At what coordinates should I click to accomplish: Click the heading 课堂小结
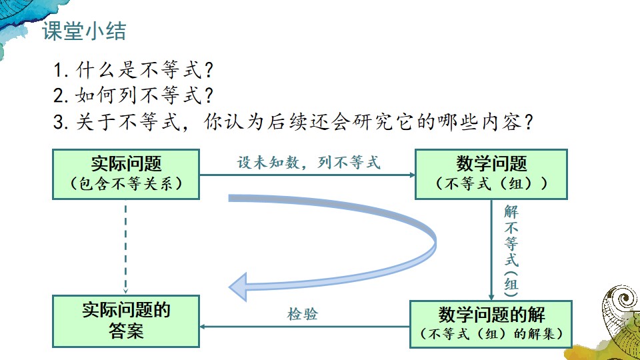[x=84, y=31]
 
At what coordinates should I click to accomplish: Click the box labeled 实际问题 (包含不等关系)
[x=126, y=174]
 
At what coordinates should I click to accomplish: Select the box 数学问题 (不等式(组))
[x=491, y=174]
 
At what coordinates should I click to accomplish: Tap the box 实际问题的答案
[x=126, y=321]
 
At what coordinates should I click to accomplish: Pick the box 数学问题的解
[x=491, y=324]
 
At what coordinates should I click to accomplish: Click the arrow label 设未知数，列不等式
[x=309, y=163]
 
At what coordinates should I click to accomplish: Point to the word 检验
[x=303, y=314]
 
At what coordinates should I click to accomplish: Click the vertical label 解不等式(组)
[x=511, y=251]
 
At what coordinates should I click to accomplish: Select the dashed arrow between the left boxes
[x=126, y=249]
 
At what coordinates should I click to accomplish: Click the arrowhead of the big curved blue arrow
[x=238, y=287]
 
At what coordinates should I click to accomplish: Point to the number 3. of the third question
[x=61, y=122]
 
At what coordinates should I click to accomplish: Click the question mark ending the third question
[x=529, y=121]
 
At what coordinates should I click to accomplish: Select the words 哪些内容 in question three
[x=479, y=121]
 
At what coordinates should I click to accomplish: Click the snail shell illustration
[x=620, y=319]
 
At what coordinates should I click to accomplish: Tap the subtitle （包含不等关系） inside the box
[x=126, y=183]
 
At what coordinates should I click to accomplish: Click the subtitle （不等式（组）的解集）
[x=491, y=333]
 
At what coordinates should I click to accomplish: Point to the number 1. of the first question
[x=61, y=70]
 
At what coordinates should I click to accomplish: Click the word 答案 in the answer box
[x=126, y=331]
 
